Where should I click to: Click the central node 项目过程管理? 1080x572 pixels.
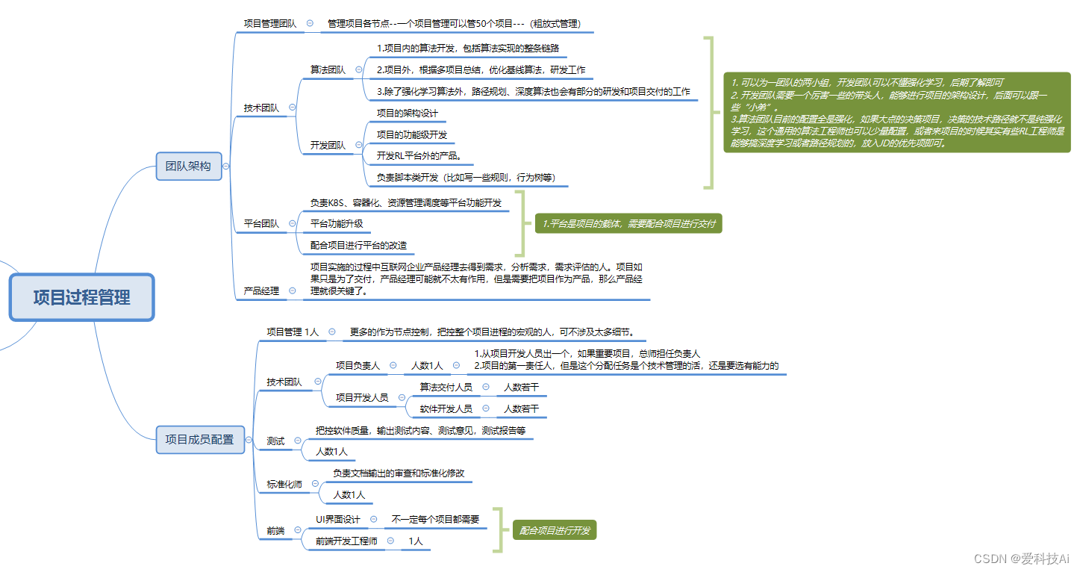[81, 297]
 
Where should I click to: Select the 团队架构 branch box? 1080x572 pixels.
[188, 167]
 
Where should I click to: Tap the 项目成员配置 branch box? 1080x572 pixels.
[199, 440]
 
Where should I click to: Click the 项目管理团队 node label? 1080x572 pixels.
[269, 24]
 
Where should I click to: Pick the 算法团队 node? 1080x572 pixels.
[328, 70]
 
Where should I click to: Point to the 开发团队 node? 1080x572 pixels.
[328, 146]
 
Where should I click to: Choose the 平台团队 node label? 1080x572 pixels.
[261, 223]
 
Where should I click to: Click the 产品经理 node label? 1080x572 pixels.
[261, 291]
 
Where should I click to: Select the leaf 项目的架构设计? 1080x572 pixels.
[407, 114]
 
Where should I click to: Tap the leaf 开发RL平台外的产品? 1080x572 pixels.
[424, 156]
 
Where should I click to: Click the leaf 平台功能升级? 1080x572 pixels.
[337, 223]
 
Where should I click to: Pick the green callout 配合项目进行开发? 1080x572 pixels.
[555, 531]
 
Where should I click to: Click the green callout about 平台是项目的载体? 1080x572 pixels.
[628, 223]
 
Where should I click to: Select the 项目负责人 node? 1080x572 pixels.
[358, 366]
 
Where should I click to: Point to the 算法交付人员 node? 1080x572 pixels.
[446, 387]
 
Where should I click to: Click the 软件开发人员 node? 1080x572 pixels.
[446, 409]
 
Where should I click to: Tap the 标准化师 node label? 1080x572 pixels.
[284, 485]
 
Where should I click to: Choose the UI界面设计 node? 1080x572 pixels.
[337, 520]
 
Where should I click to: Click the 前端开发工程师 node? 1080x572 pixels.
[346, 541]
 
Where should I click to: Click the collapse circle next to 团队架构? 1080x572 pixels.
[226, 167]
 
